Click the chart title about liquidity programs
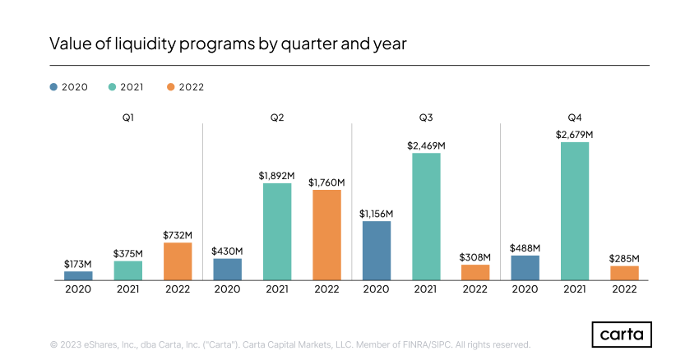228,44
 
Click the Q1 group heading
128,118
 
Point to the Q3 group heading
426,118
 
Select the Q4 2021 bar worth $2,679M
574,211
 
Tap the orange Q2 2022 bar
326,235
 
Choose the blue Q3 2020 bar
376,251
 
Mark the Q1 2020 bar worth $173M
79,275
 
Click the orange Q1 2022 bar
178,261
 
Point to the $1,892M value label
277,175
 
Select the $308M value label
475,256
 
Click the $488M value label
525,247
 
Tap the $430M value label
228,251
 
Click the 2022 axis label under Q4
623,289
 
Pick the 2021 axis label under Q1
128,289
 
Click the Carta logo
622,335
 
